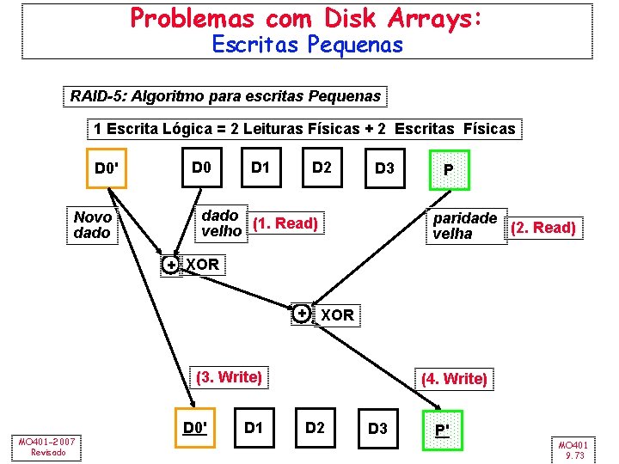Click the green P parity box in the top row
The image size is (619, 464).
[448, 169]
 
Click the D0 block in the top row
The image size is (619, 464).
[202, 167]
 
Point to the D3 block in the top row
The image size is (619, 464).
[384, 168]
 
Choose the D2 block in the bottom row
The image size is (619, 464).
[316, 427]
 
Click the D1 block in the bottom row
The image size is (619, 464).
[254, 426]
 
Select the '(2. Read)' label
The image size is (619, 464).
[542, 228]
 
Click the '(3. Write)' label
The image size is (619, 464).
[229, 376]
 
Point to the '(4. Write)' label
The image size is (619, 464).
[454, 378]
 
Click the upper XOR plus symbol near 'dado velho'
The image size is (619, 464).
[171, 265]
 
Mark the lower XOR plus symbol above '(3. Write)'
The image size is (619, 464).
[302, 314]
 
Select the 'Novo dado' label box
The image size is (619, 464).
[93, 225]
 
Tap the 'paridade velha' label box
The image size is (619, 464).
[465, 225]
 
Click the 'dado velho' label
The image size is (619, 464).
[221, 223]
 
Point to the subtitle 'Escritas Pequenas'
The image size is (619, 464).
[307, 45]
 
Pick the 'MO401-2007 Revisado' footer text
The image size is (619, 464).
[46, 447]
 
